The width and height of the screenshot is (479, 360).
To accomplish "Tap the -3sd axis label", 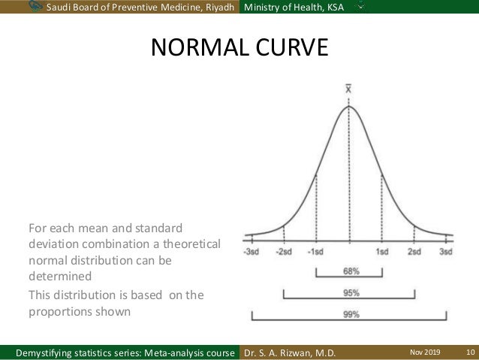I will tap(252, 252).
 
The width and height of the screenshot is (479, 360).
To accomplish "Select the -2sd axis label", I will tap(285, 252).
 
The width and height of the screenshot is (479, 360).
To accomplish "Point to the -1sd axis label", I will tap(317, 252).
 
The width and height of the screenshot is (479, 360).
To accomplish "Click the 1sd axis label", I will tap(382, 252).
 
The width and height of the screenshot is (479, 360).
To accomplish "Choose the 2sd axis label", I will tap(414, 252).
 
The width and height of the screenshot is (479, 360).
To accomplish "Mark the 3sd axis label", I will tap(446, 252).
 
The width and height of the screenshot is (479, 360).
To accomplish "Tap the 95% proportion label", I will tap(350, 293).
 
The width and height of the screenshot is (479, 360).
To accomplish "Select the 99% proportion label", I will tap(350, 315).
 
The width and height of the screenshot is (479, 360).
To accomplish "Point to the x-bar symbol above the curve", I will tap(349, 88).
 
